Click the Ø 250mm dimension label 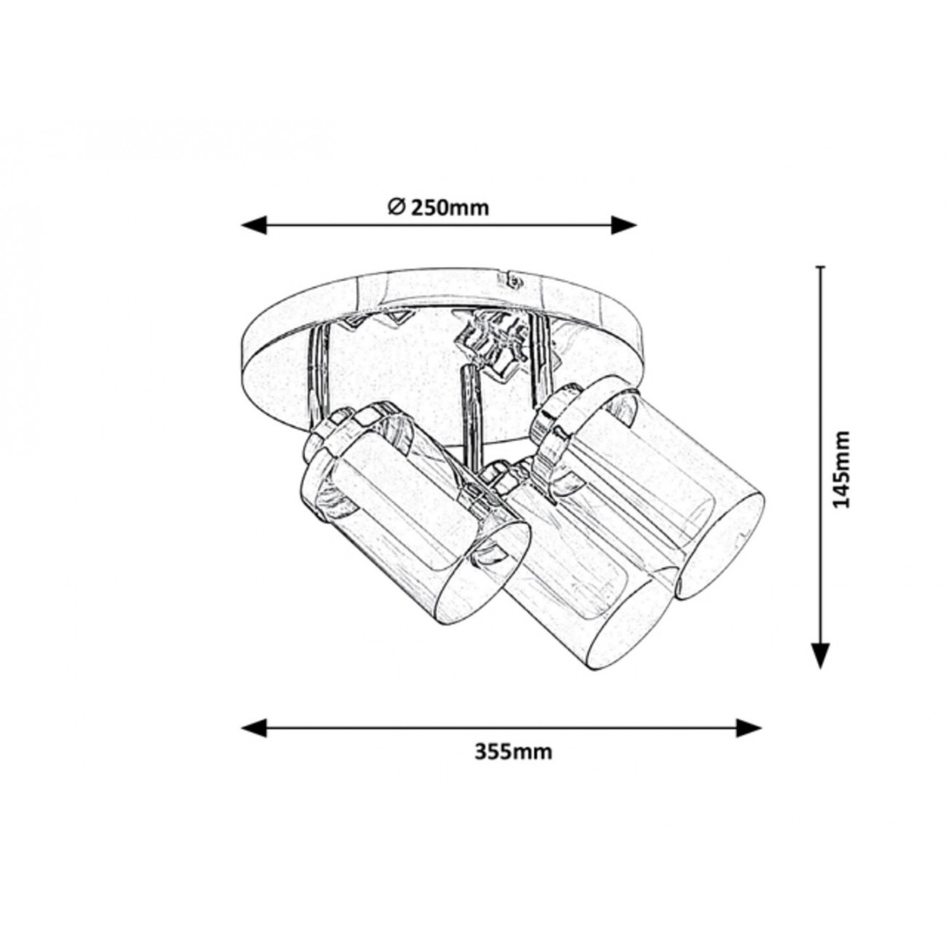pos(439,208)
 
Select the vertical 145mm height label pos(842,469)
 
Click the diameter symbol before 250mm pos(396,208)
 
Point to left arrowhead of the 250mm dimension pos(254,225)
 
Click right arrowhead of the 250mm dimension pos(624,225)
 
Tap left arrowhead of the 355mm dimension pos(254,741)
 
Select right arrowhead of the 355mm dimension pos(749,741)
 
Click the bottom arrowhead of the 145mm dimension pos(820,656)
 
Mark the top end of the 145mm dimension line pos(820,267)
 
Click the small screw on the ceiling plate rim pos(513,282)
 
